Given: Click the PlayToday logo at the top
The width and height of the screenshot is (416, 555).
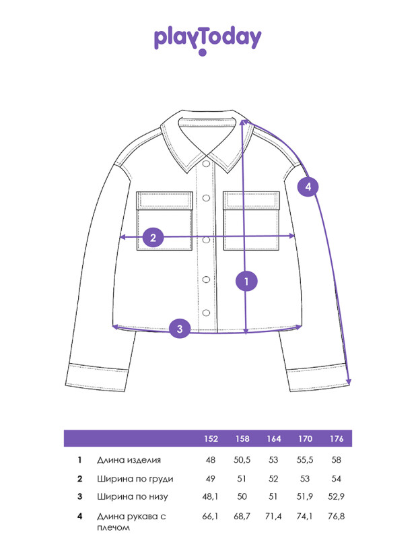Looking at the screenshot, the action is (207, 40).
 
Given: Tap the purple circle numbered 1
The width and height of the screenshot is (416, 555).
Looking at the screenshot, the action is (246, 282).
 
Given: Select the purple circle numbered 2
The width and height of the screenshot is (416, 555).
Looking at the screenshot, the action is (153, 237).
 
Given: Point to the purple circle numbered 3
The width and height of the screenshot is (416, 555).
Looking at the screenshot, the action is (180, 328).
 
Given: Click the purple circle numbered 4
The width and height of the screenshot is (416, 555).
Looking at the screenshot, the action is (308, 186).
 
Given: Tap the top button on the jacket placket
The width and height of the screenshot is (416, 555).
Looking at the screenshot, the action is (206, 164).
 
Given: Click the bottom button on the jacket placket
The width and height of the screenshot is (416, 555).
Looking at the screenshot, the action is (206, 313).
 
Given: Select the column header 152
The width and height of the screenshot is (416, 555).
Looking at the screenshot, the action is (211, 439).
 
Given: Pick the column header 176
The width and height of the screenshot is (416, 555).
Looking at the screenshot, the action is (337, 439).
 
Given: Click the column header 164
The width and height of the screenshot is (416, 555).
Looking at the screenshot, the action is (274, 439).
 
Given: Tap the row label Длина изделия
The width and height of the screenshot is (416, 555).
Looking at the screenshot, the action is (129, 460).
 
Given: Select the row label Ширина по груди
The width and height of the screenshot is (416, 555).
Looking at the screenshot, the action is (135, 479).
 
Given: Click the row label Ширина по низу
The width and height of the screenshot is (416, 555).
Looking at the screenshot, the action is (133, 496).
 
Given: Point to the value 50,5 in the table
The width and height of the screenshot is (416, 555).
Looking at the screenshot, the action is (242, 460).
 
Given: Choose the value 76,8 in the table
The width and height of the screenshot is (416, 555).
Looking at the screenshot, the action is (337, 517).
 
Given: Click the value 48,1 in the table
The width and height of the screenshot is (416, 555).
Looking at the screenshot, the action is (210, 496).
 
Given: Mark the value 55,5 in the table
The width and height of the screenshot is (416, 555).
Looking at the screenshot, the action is (305, 460).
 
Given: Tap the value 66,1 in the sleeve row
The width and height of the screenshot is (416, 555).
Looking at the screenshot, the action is (210, 517).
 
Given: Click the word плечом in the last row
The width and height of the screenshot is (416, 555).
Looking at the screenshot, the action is (113, 527).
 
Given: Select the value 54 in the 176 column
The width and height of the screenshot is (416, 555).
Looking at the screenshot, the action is (336, 479).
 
